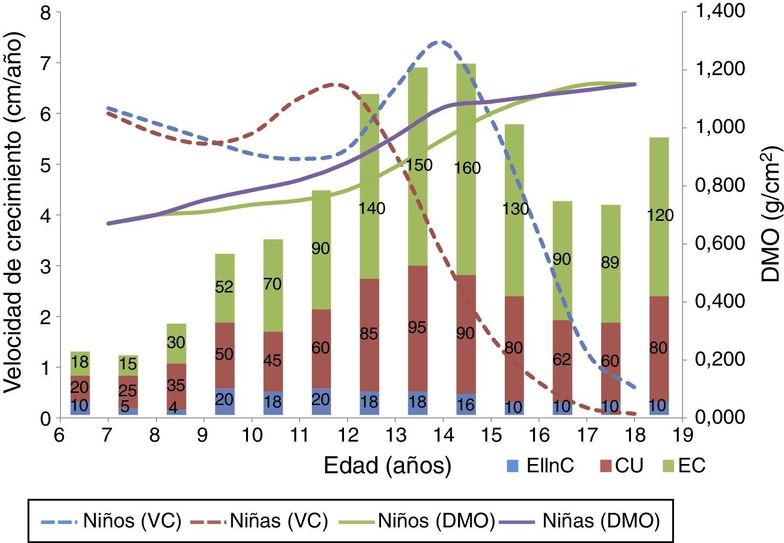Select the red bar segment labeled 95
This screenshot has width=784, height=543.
pyautogui.click(x=418, y=328)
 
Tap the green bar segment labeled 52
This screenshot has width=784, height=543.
pyautogui.click(x=225, y=287)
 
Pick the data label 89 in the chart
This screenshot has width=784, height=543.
pyautogui.click(x=610, y=263)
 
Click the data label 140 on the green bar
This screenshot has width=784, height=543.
pyautogui.click(x=371, y=209)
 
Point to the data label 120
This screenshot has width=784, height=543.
pyautogui.click(x=660, y=215)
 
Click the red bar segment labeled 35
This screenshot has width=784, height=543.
pyautogui.click(x=176, y=386)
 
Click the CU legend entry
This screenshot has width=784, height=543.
pyautogui.click(x=621, y=466)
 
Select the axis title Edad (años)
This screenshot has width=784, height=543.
pyautogui.click(x=387, y=466)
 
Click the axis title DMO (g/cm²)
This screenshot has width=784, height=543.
pyautogui.click(x=770, y=214)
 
